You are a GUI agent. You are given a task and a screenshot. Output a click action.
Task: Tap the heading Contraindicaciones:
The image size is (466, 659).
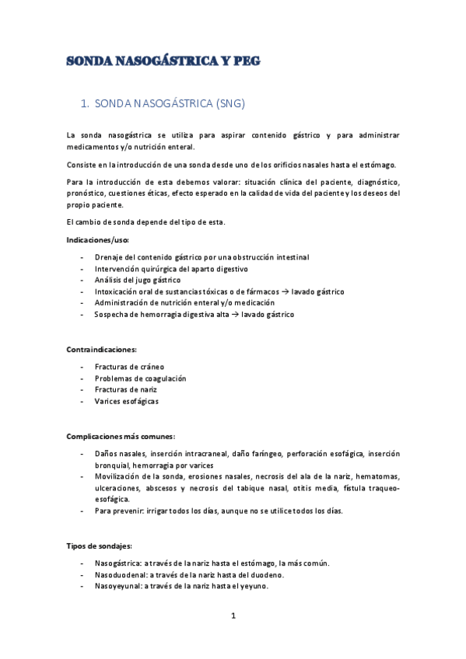tap(101, 350)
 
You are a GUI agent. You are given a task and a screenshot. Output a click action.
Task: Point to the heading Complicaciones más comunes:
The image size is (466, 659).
tap(120, 436)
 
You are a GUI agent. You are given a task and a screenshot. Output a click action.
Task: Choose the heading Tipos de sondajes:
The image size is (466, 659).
tap(99, 546)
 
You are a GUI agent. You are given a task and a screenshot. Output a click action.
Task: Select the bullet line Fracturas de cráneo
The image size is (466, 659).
tap(129, 366)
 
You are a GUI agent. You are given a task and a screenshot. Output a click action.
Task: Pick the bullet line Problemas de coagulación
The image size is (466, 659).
tap(140, 378)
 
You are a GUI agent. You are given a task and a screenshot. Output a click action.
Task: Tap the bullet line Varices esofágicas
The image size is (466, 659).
tap(126, 401)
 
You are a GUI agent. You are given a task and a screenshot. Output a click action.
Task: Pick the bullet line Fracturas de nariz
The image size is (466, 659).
tap(126, 389)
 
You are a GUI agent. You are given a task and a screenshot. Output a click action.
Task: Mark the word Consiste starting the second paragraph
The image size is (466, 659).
tap(82, 165)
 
